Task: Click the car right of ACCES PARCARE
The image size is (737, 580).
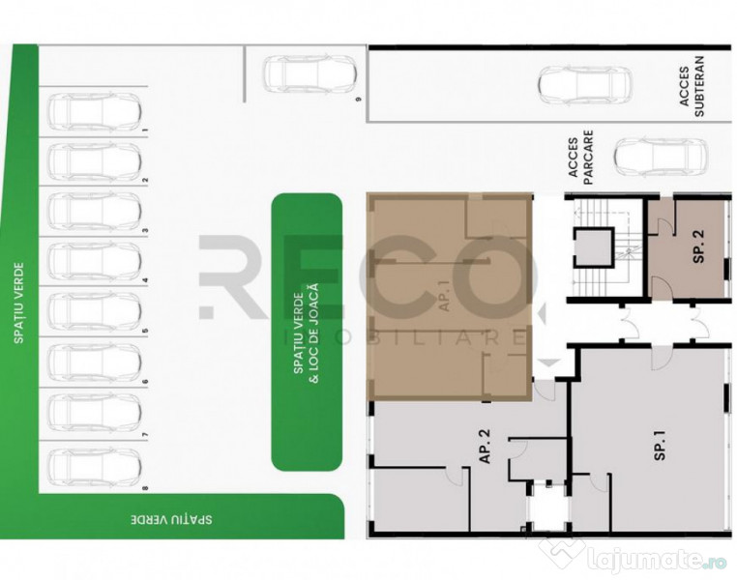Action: [x=661, y=158]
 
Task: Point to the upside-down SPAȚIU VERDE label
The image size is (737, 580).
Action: [x=173, y=519]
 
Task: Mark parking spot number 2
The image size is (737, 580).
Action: [x=145, y=181]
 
